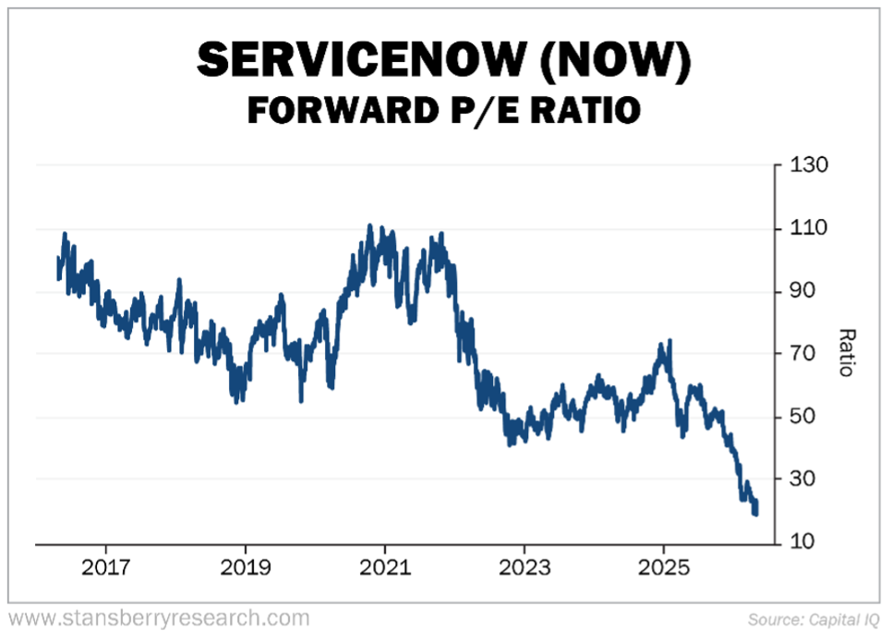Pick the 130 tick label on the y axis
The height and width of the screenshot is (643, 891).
808,165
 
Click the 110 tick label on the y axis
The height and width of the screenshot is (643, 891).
808,228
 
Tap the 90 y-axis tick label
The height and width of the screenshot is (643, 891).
804,291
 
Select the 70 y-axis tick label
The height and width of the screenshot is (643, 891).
804,354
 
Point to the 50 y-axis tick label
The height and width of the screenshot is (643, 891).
804,417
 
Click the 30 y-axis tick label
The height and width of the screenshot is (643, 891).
804,479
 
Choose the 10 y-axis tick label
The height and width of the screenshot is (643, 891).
804,541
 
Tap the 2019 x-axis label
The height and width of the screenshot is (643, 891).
244,565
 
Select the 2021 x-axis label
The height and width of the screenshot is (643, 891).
384,565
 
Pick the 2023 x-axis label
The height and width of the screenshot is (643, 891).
524,565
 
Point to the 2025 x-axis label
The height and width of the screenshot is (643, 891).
663,565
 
